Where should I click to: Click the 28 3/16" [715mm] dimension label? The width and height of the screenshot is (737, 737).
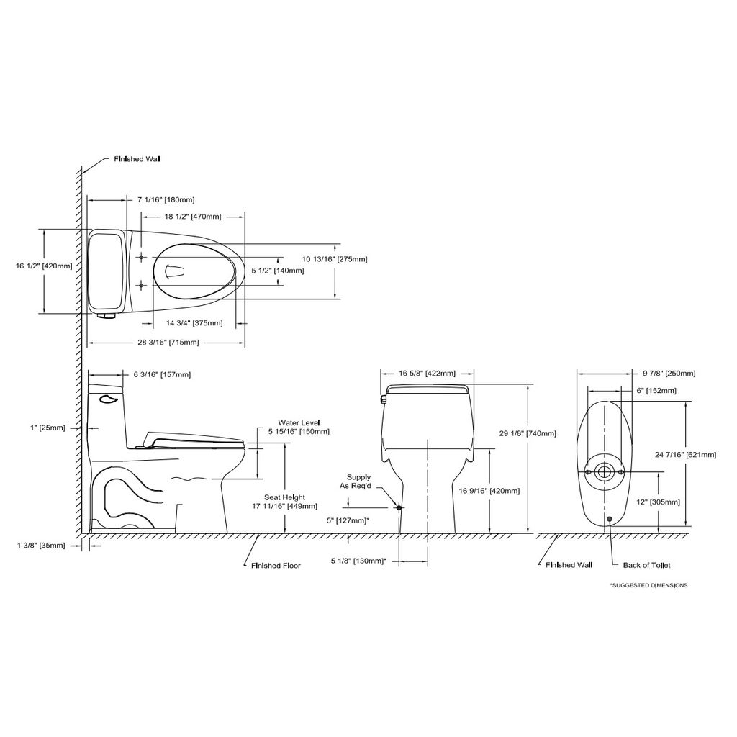tap(168, 343)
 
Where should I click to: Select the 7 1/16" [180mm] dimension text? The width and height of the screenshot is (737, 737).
tap(166, 200)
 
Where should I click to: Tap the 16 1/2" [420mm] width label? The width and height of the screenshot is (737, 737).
tap(44, 266)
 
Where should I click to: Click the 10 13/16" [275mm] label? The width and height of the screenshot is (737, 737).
tap(335, 259)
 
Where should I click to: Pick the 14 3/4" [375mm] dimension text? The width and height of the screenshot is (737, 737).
tap(194, 323)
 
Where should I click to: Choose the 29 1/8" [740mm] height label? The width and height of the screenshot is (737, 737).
tap(528, 433)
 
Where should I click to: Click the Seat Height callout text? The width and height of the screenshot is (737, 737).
tap(285, 497)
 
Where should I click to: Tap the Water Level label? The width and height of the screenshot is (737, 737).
tap(299, 423)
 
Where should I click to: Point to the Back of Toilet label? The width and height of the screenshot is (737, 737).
tap(647, 565)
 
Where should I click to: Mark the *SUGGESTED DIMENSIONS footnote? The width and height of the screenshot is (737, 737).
tap(648, 585)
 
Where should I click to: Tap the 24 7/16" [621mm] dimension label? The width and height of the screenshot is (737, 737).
tap(686, 455)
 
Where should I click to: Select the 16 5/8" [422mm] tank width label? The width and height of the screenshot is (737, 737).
tap(428, 374)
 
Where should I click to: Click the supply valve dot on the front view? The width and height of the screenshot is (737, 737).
tap(399, 507)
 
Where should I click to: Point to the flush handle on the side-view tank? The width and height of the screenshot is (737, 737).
tap(108, 399)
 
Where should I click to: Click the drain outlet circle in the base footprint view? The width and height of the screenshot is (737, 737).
tap(604, 471)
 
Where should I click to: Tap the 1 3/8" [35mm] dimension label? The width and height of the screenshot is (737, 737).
tap(41, 546)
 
